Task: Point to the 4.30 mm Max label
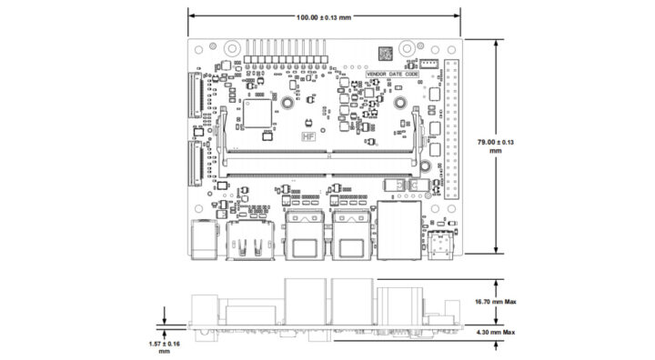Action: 497,333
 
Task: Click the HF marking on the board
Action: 308,142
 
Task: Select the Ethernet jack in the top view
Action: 398,231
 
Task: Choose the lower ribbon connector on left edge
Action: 193,161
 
